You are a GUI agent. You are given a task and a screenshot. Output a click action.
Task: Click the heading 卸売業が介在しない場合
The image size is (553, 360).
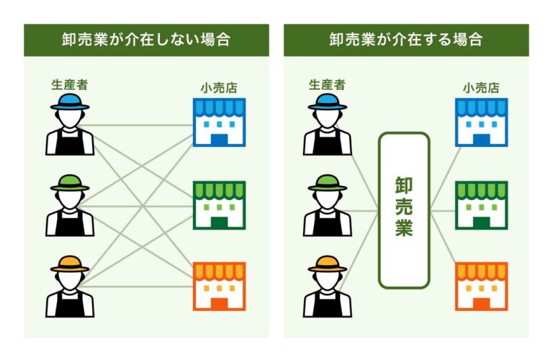coord(146,40)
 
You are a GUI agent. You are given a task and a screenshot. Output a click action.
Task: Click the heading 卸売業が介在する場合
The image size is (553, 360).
coord(405,40)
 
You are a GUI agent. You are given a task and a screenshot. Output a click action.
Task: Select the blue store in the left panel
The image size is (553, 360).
coord(219,122)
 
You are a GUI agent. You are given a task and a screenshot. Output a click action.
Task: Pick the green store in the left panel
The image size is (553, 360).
coord(219,204)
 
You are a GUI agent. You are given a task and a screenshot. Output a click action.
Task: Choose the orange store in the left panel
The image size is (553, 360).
coord(219,287)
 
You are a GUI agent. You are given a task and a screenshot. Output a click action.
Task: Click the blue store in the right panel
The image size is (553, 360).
coord(481,122)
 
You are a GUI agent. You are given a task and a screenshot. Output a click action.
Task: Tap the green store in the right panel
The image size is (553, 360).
coord(481,204)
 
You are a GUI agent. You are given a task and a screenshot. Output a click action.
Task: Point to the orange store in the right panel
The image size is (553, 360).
coord(481,287)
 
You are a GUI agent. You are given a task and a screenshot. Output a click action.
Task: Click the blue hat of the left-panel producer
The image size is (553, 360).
coord(70,102)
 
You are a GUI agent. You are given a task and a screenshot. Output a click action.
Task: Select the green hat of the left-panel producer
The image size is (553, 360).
coord(70,183)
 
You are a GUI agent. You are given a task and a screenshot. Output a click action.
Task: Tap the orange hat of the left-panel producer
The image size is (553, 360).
coord(70,264)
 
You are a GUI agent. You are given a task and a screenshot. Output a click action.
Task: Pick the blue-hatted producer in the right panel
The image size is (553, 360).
coord(328,126)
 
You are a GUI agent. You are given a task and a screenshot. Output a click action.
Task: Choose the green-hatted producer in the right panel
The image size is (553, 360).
coord(328,207)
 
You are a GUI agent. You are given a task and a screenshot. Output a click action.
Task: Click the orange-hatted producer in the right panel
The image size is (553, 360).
coord(328,288)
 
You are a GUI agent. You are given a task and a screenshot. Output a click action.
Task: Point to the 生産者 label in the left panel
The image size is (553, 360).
coord(70,84)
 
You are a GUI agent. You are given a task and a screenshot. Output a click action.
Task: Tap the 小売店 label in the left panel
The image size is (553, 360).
coord(219,89)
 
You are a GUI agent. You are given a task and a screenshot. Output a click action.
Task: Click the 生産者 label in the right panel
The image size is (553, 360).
coord(328,84)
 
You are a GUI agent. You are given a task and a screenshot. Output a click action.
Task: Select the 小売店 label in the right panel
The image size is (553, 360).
coord(481,89)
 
